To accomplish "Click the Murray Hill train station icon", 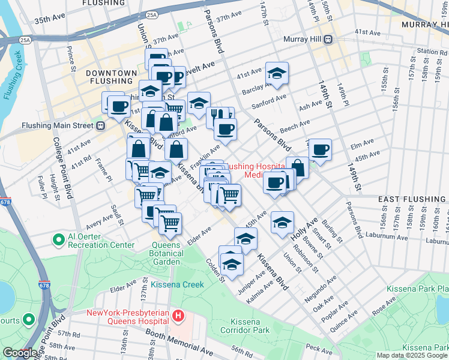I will coord(328,40).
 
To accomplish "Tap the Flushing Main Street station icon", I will coord(100,125).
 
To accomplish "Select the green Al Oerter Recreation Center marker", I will coord(58,240).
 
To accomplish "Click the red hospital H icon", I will coord(177,315).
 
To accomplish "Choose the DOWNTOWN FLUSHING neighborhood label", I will coord(111,77).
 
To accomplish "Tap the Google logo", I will coord(20,353).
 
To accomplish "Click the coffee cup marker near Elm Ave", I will coord(321,149).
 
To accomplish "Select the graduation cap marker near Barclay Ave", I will coord(277,73).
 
